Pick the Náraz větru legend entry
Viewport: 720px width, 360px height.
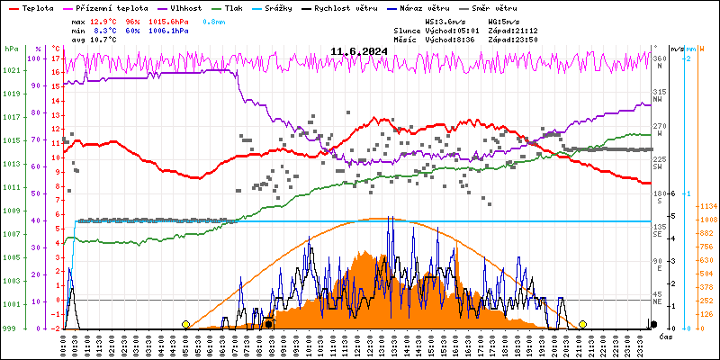(x=423, y=7)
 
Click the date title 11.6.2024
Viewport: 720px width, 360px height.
(x=359, y=51)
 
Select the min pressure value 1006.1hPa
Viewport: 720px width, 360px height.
(x=169, y=30)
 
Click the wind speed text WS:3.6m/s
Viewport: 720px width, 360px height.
(x=446, y=20)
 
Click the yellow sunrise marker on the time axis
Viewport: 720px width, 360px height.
(x=186, y=324)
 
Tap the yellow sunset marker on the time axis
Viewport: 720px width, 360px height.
(x=583, y=324)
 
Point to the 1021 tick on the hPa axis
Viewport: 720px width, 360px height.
(x=11, y=70)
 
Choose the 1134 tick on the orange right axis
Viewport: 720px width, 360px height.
(x=708, y=205)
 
